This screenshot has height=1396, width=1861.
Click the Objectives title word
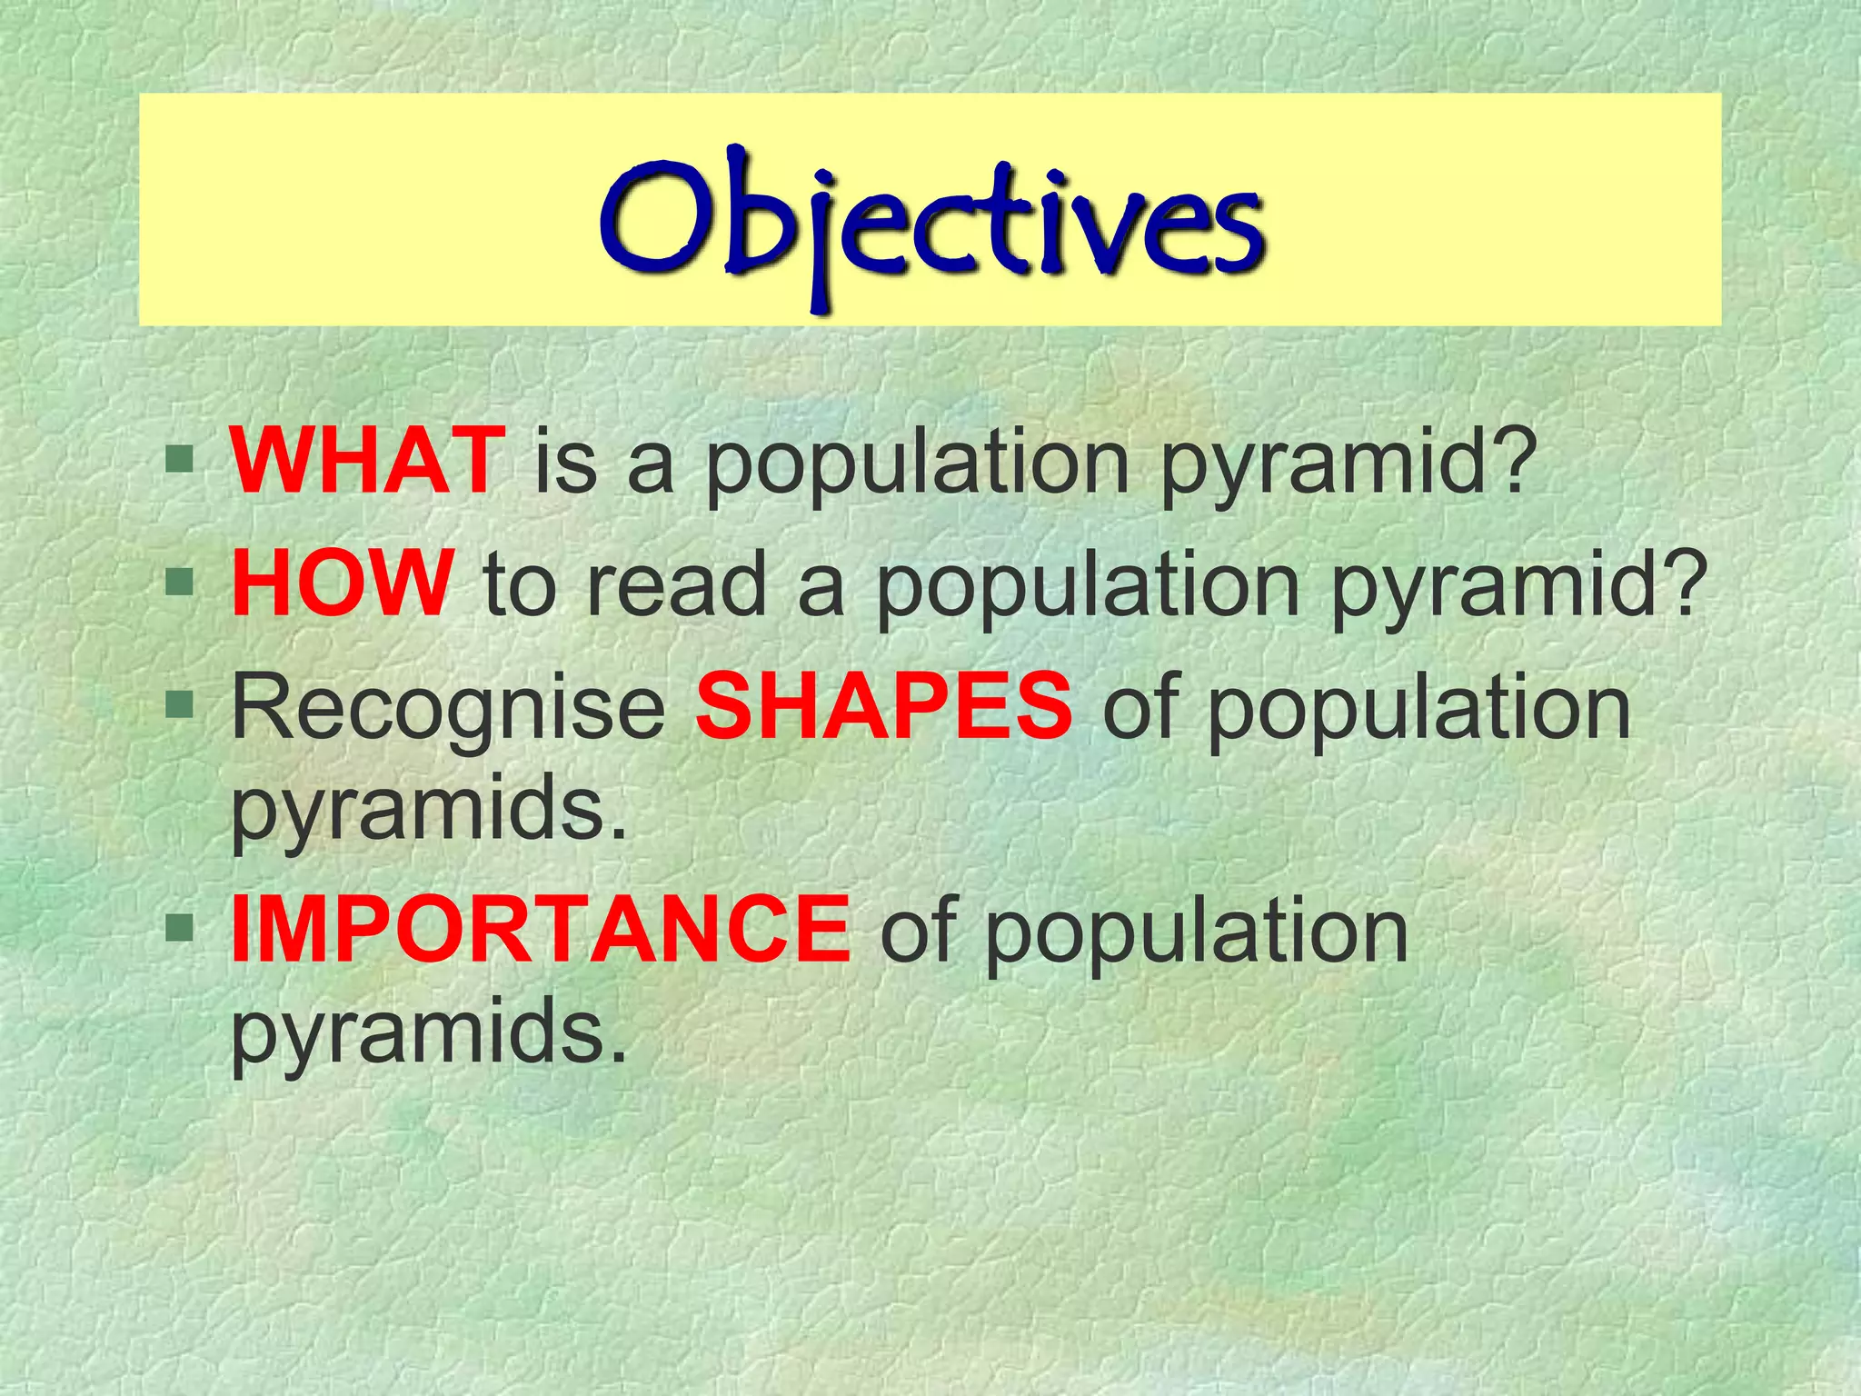tap(930, 218)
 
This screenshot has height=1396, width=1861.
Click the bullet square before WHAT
tap(180, 459)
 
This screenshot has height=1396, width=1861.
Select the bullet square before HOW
tap(180, 582)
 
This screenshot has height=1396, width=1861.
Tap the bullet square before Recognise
tap(180, 703)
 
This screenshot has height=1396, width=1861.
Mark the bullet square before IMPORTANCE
tap(180, 927)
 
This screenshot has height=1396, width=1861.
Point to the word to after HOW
tap(519, 586)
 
